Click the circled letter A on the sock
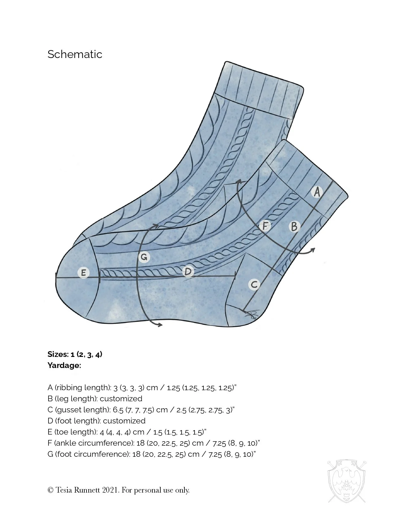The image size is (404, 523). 317,192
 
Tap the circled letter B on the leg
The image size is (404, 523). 294,227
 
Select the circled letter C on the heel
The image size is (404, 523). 254,284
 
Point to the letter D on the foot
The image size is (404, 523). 188,272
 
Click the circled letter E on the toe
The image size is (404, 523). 84,273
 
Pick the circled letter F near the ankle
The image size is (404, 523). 265,226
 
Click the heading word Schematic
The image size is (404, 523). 75,54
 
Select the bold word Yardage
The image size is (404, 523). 64,365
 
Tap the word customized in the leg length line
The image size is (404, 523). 121,399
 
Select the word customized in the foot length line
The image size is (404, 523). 124,421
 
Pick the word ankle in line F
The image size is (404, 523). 67,443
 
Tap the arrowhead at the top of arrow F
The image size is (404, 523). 239,181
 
